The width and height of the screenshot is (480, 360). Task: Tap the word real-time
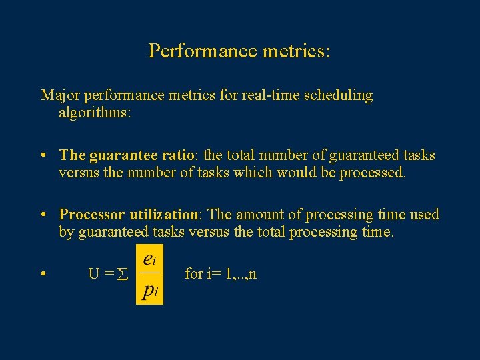click(267, 95)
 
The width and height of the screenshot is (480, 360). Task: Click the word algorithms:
click(95, 113)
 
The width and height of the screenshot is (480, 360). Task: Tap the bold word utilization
click(163, 214)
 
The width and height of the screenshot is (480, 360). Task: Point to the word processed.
click(371, 173)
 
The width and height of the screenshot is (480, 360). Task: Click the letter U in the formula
click(94, 274)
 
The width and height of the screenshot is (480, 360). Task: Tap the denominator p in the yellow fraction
click(148, 291)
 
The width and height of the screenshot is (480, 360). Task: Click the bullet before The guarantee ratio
click(42, 155)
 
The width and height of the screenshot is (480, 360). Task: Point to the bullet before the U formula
click(42, 274)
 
